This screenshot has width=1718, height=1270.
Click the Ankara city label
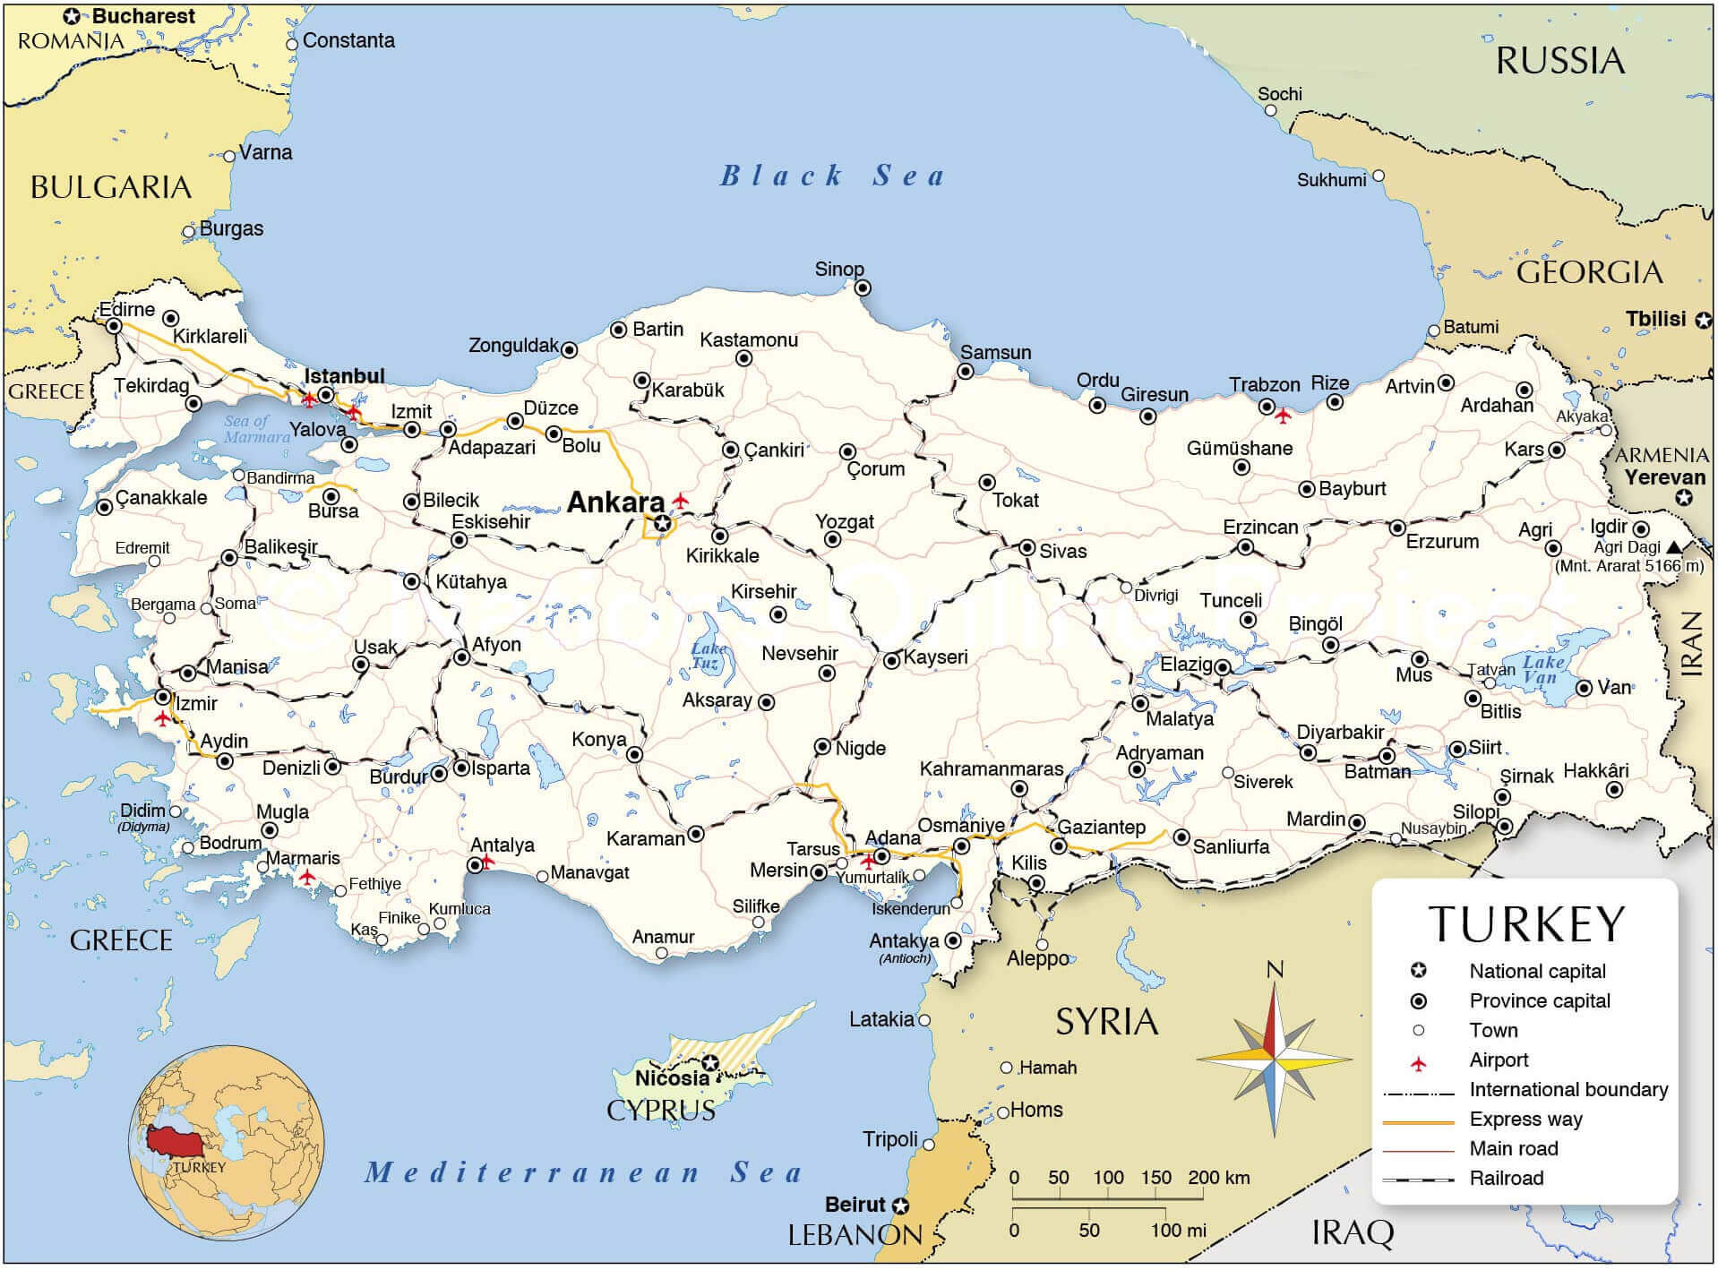(615, 502)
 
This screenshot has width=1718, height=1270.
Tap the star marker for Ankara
(662, 523)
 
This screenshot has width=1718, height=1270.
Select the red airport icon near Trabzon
(1283, 416)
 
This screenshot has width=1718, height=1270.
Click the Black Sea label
(833, 176)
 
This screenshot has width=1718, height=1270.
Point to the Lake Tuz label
(708, 655)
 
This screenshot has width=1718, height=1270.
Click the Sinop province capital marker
(862, 287)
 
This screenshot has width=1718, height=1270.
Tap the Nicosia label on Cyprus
(672, 1077)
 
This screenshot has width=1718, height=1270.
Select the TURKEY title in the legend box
(1525, 924)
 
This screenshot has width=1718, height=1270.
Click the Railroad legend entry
(1506, 1178)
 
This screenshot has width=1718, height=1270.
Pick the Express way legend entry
(1525, 1119)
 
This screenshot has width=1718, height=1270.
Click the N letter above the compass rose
(1275, 969)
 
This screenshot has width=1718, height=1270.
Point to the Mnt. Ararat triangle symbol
(1674, 546)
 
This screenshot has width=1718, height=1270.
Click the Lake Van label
(1542, 669)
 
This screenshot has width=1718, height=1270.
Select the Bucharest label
(143, 16)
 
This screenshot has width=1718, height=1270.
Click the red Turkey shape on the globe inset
(175, 1141)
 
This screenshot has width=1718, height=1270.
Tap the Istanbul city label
(345, 375)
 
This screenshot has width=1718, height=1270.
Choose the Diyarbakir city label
(1340, 732)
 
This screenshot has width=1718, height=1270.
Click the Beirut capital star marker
(901, 1206)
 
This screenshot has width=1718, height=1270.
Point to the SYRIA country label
(1106, 1021)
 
